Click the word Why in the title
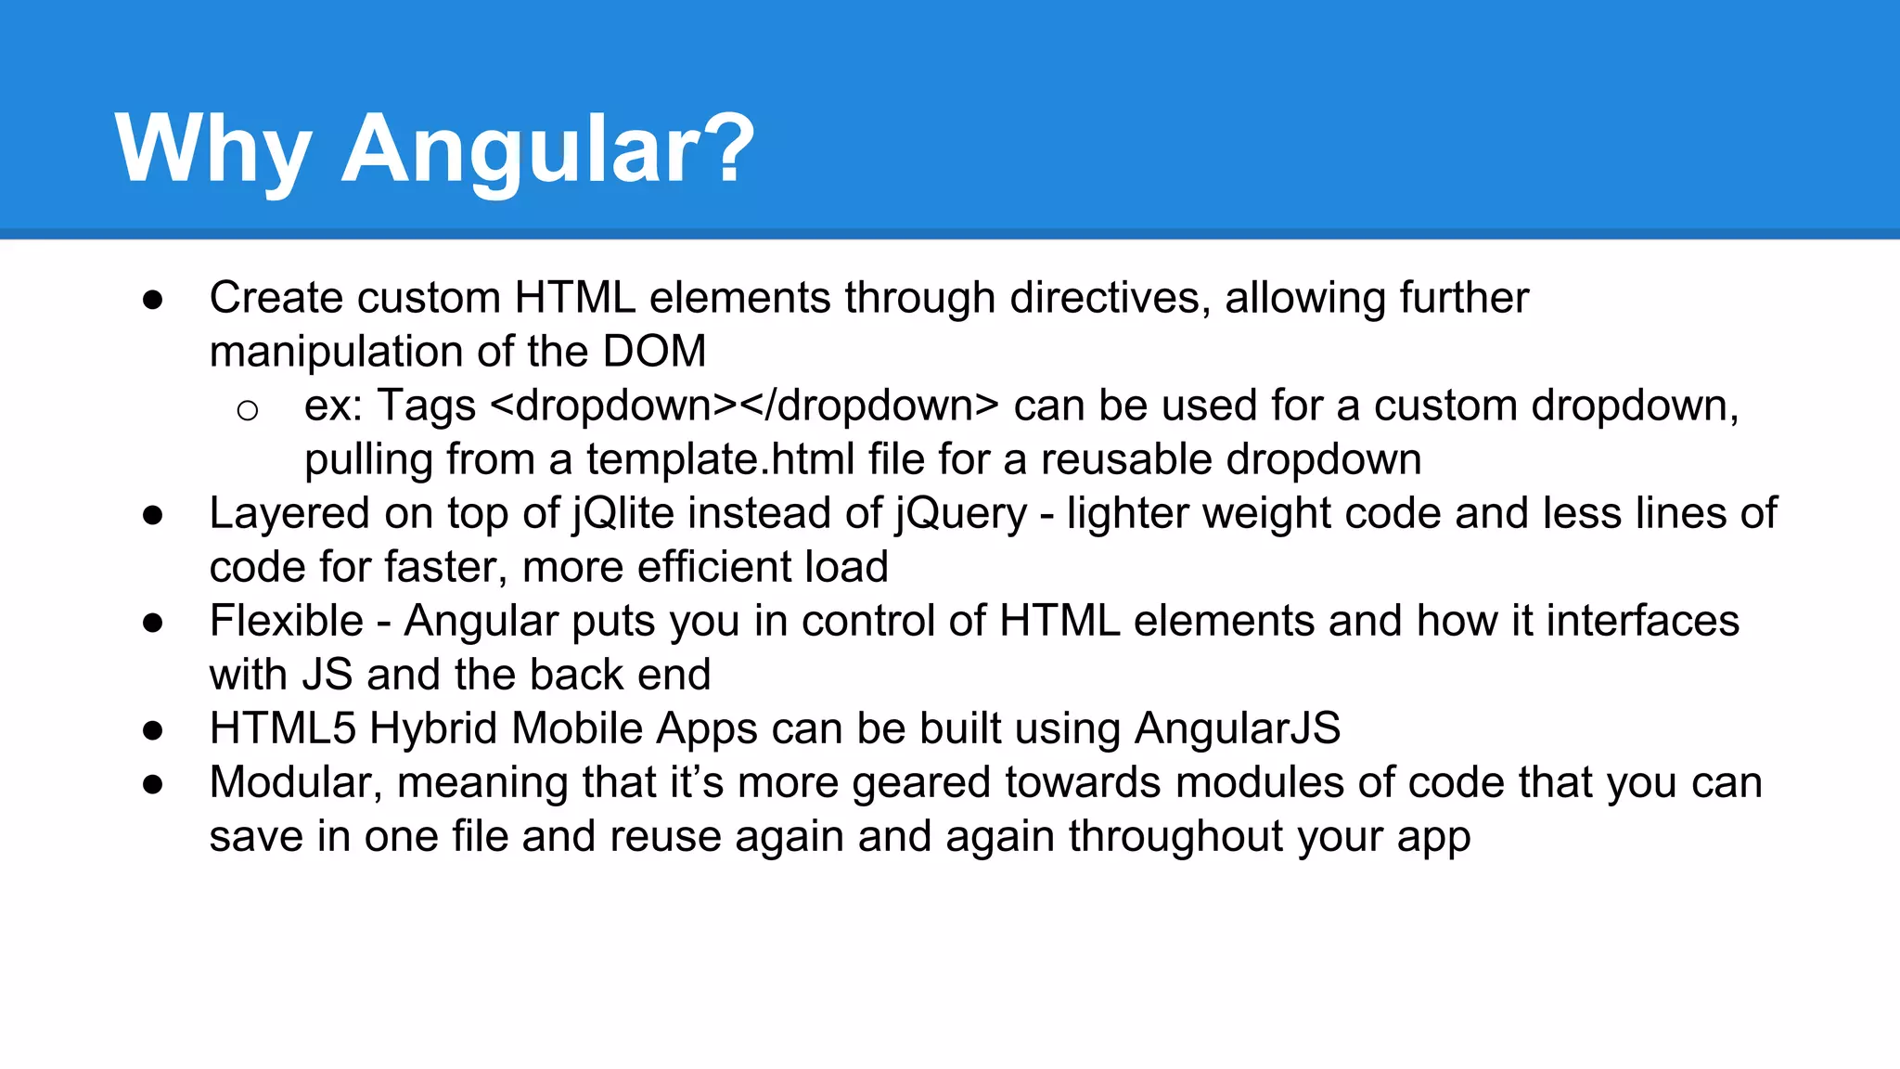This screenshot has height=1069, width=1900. pos(212,148)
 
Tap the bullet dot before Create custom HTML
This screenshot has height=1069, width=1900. pos(153,300)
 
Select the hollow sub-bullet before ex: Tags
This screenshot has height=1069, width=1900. pos(247,409)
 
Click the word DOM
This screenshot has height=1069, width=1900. pos(654,352)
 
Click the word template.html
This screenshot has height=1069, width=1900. pos(720,459)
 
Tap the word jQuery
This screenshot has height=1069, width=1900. pos(960,513)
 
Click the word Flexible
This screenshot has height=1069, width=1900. pos(286,621)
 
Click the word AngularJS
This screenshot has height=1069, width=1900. pos(1237,728)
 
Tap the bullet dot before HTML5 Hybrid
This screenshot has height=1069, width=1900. pos(153,730)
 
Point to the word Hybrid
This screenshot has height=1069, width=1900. pos(433,728)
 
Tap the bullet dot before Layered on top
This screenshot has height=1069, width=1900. pos(153,515)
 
